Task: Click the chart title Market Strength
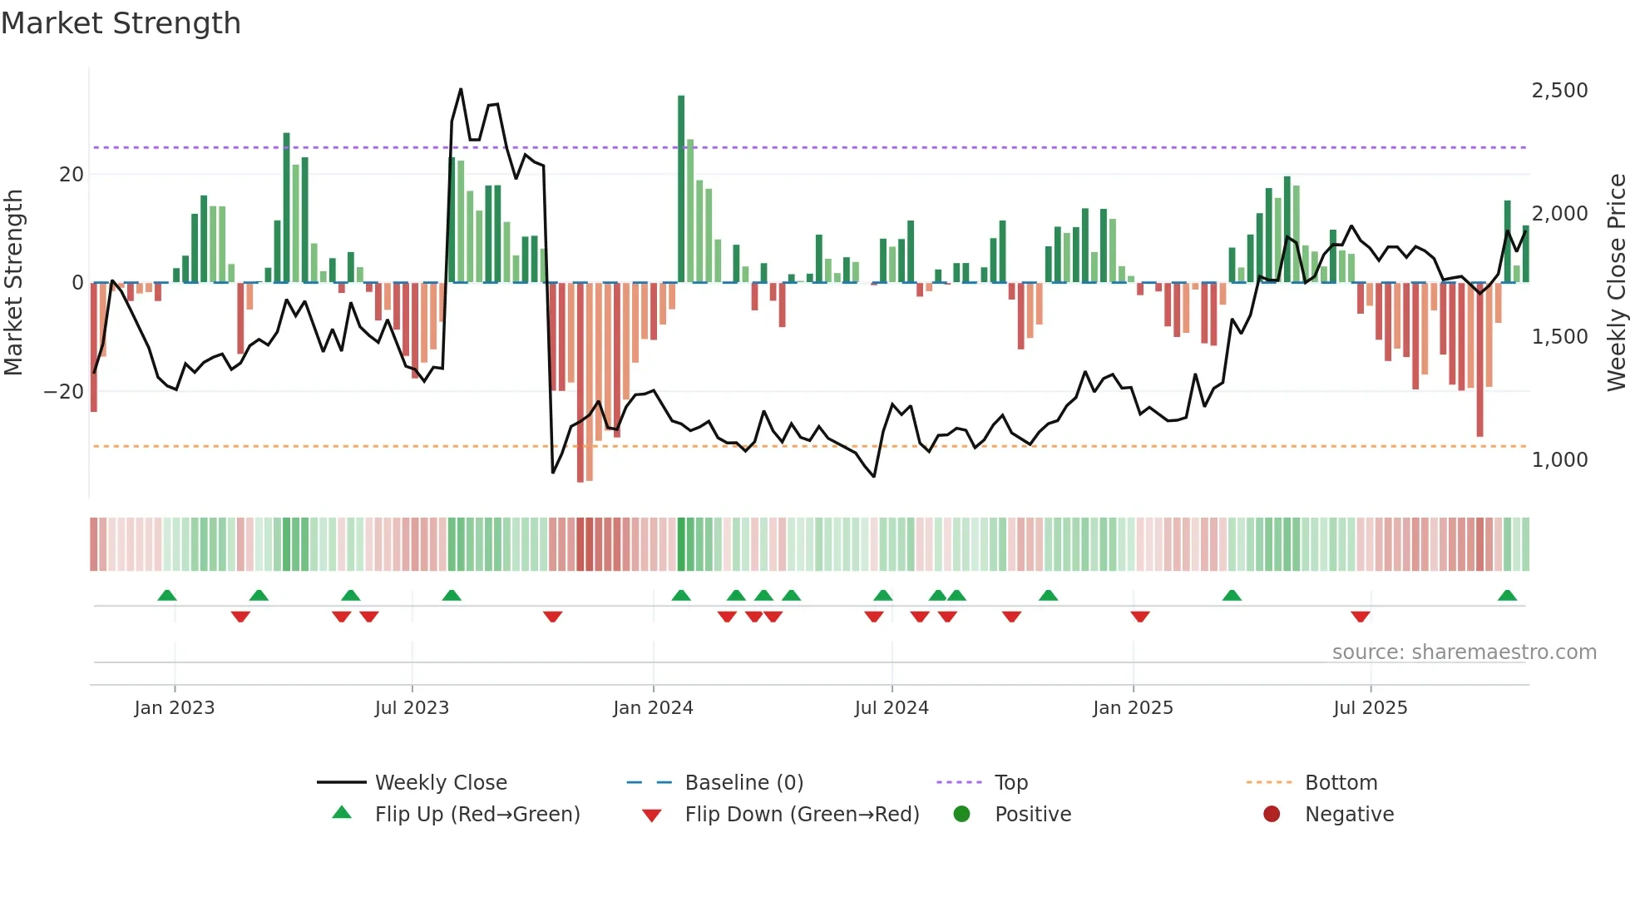point(121,23)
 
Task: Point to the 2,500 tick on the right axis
point(1559,90)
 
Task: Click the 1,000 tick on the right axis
point(1559,459)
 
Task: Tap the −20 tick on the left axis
point(64,391)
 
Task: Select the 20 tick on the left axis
point(72,174)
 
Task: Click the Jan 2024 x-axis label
point(653,707)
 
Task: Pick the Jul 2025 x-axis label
point(1370,707)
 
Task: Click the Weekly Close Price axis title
point(1616,282)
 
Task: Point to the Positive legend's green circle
point(961,814)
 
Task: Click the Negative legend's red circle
point(1272,814)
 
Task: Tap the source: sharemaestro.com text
point(1464,652)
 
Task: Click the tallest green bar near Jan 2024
point(681,188)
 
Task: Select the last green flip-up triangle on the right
point(1507,595)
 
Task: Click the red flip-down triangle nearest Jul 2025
point(1361,617)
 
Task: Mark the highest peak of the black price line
point(461,90)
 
